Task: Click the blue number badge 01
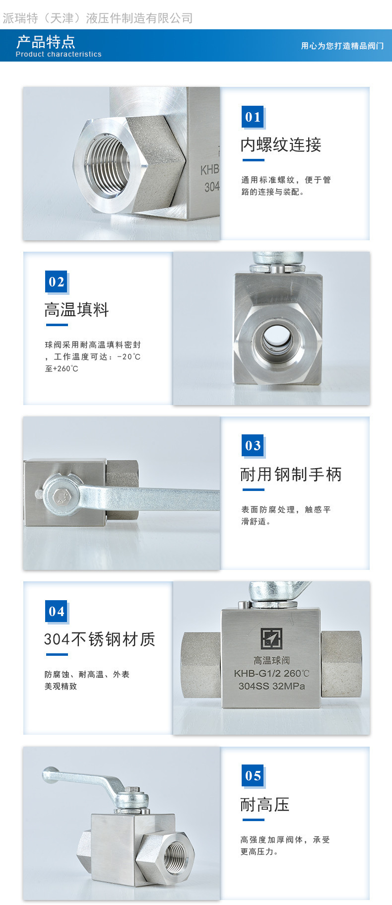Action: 253,117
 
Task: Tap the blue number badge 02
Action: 56,281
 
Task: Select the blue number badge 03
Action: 253,445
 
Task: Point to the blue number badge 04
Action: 56,611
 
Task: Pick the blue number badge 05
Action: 253,775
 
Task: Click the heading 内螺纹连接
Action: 281,145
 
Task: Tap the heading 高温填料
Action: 76,310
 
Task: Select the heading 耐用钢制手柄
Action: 291,475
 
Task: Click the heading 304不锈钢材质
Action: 100,639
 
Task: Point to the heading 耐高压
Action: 265,804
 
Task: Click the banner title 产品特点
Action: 46,42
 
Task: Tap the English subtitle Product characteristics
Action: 59,54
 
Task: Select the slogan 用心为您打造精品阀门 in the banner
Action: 342,46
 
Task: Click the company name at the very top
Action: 98,18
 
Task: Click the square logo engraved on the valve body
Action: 271,638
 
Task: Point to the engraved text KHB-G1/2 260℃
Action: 271,674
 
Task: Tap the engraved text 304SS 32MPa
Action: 271,686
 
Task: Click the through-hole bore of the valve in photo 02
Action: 277,338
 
